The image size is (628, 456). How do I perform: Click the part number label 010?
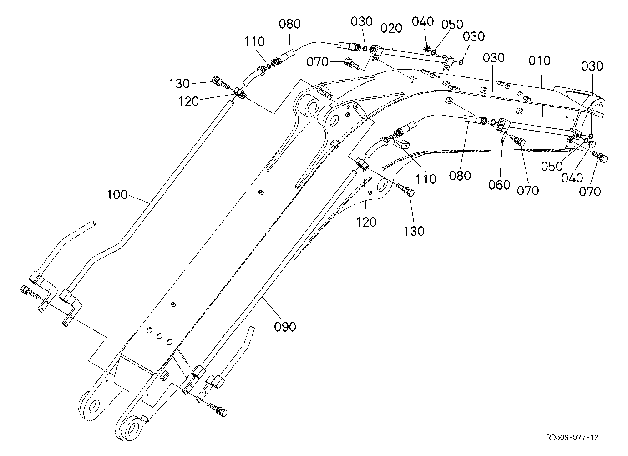(x=539, y=61)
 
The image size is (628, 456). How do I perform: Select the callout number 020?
(x=391, y=28)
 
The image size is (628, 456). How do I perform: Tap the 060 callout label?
(x=499, y=185)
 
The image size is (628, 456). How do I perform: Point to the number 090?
(x=285, y=327)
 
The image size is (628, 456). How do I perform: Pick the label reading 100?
(x=117, y=195)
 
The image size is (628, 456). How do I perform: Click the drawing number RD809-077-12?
(x=572, y=437)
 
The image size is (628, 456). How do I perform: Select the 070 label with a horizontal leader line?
(x=317, y=62)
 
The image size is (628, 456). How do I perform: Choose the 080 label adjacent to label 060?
(x=460, y=176)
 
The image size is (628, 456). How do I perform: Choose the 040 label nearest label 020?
(x=423, y=21)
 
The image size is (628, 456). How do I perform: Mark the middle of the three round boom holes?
(x=160, y=336)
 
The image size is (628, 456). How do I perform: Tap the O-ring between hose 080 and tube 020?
(x=365, y=49)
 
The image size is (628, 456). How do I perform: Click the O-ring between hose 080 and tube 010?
(x=492, y=122)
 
